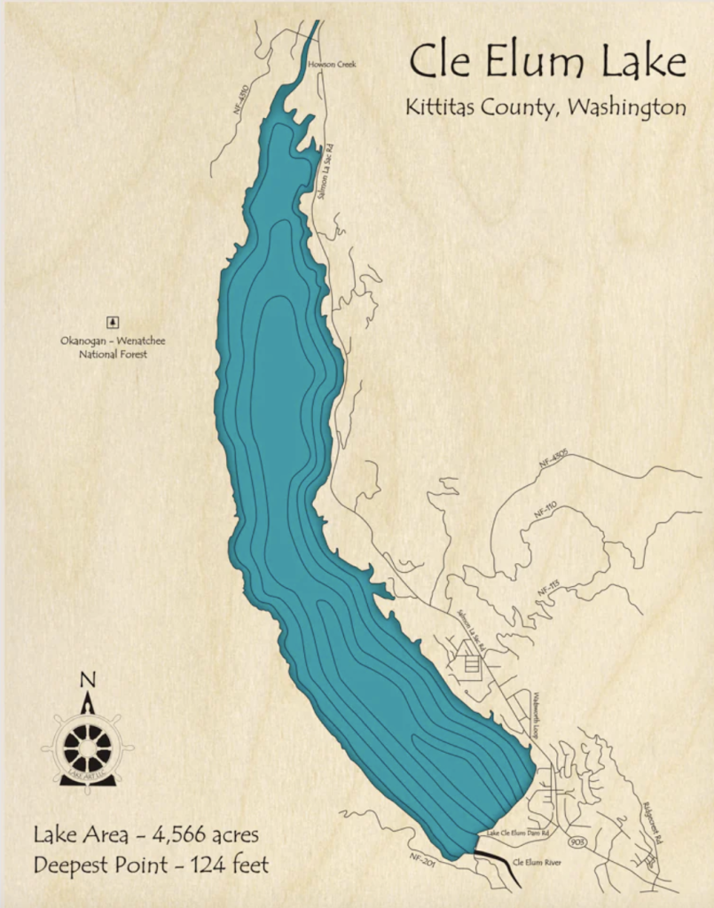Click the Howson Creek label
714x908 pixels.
click(332, 65)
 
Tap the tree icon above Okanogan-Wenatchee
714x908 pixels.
click(113, 323)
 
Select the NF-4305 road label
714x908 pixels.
click(552, 459)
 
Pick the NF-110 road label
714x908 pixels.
click(545, 512)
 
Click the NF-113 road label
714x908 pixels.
click(548, 587)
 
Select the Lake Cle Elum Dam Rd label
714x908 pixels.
click(518, 834)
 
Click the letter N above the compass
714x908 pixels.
click(87, 681)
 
